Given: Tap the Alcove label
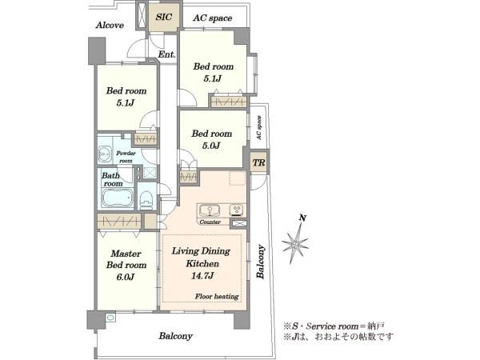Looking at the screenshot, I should coord(110,26).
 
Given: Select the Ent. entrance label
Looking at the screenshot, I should coord(166,54).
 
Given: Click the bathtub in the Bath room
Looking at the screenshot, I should coord(118,198).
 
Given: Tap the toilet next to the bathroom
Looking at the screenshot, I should coord(146,198).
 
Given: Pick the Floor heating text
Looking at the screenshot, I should coord(217,297).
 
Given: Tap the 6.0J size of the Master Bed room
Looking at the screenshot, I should coord(126,277).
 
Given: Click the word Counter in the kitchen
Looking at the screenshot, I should coord(210,223).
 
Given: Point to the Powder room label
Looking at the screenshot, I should coord(126,154).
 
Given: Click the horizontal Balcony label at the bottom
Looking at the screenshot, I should coord(175,336).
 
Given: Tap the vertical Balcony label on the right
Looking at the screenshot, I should coord(261,260).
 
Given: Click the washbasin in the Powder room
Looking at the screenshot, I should coord(106,154).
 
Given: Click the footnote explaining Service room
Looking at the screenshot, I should coord(334,326).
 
